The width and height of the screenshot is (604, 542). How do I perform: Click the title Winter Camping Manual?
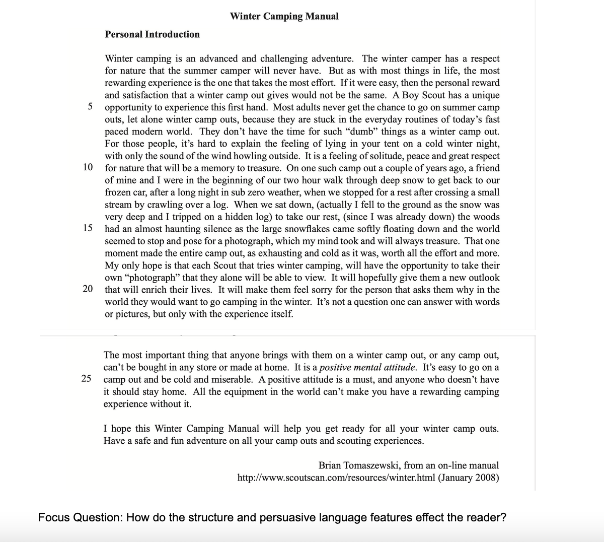click(284, 16)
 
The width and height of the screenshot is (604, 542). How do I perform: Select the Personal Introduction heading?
click(152, 34)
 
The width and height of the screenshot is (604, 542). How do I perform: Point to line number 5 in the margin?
click(90, 106)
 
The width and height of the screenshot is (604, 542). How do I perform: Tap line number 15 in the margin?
click(88, 228)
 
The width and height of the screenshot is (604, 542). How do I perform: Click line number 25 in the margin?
click(87, 378)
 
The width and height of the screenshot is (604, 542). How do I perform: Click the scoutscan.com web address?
click(337, 478)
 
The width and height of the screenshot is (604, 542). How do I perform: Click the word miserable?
click(230, 379)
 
